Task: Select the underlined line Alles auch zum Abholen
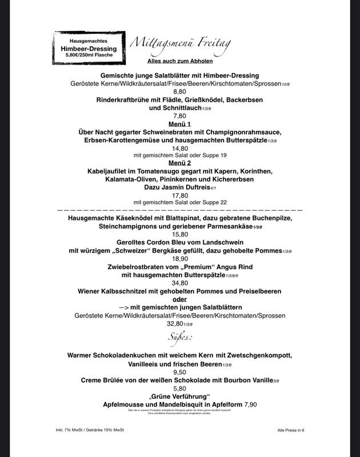point(179,61)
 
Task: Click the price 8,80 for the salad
point(179,91)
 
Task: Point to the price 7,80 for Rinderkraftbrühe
point(179,115)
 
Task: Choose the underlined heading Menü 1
point(179,123)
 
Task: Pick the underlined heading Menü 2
point(179,163)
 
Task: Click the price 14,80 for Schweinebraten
point(179,147)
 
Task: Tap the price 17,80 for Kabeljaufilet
point(179,194)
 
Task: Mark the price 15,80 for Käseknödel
point(179,234)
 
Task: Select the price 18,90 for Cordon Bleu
point(179,259)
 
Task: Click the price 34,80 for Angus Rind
point(179,283)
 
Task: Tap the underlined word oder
point(179,299)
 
